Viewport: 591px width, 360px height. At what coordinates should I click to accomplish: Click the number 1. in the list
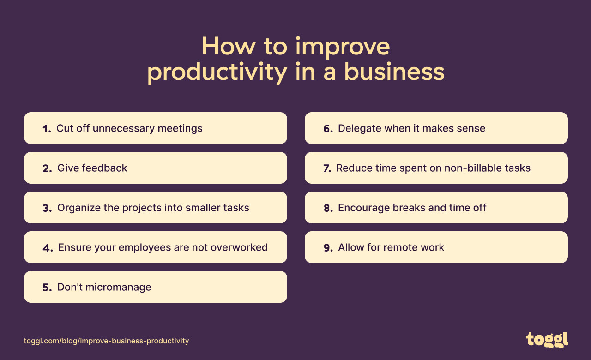tap(47, 129)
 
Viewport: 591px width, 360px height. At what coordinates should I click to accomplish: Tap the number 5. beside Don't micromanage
tap(47, 288)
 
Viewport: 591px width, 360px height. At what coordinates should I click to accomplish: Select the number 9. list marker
tap(328, 248)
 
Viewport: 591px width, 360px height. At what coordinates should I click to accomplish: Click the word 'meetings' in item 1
tap(180, 128)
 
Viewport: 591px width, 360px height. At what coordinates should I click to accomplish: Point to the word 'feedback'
tap(104, 168)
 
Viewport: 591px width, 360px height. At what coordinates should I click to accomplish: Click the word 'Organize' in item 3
tap(79, 208)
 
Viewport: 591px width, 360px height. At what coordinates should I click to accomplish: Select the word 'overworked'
tap(239, 247)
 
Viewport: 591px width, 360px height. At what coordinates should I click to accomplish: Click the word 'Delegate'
tap(358, 128)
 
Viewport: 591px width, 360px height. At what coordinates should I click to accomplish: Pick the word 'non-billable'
tap(473, 168)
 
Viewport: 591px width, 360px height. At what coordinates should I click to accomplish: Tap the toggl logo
tap(547, 340)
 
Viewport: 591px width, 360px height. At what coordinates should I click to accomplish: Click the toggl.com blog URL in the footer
tap(107, 341)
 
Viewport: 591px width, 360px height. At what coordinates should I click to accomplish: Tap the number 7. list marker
tap(327, 168)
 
